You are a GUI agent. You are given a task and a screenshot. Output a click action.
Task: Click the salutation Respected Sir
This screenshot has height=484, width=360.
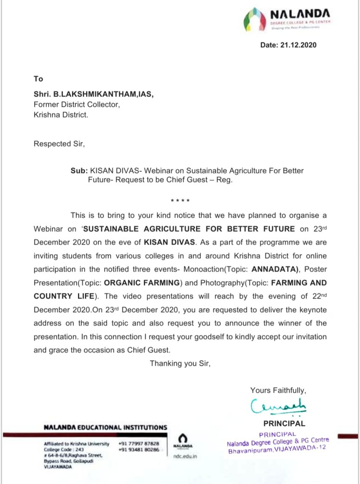pyautogui.click(x=59, y=144)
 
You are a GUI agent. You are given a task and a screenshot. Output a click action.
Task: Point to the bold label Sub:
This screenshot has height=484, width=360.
pyautogui.click(x=79, y=171)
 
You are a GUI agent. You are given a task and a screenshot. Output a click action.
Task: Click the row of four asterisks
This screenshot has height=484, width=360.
pyautogui.click(x=180, y=200)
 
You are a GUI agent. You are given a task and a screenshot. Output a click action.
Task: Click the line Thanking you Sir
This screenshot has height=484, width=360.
pyautogui.click(x=180, y=363)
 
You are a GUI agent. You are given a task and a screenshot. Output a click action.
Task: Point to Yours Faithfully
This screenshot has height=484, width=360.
pyautogui.click(x=278, y=390)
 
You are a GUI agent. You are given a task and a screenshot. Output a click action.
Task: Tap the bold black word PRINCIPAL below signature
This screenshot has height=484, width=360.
pyautogui.click(x=284, y=423)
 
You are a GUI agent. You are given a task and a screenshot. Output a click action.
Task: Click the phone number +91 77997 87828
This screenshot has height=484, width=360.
pyautogui.click(x=139, y=444)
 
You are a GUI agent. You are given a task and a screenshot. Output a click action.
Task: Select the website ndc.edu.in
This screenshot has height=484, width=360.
pyautogui.click(x=185, y=457)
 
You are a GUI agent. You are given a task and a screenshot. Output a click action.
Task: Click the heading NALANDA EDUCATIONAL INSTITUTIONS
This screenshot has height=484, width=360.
pyautogui.click(x=105, y=427)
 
